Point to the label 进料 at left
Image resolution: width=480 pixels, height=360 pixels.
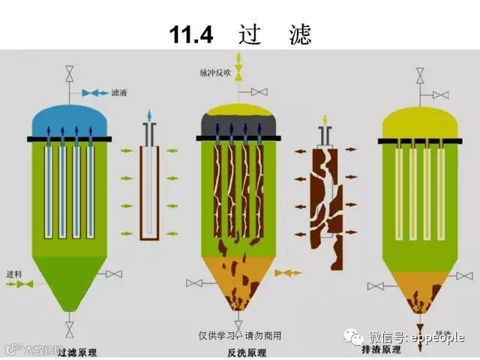pyautogui.click(x=15, y=273)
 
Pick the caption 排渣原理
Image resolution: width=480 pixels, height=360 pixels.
pyautogui.click(x=402, y=349)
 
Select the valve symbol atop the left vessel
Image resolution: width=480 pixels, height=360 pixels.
pyautogui.click(x=70, y=74)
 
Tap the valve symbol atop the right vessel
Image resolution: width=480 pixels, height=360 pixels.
pyautogui.click(x=420, y=74)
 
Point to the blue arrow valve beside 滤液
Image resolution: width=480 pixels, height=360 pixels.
pyautogui.click(x=95, y=92)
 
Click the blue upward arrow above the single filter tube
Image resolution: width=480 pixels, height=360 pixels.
pyautogui.click(x=149, y=115)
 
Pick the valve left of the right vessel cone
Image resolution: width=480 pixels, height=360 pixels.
pyautogui.click(x=376, y=286)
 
